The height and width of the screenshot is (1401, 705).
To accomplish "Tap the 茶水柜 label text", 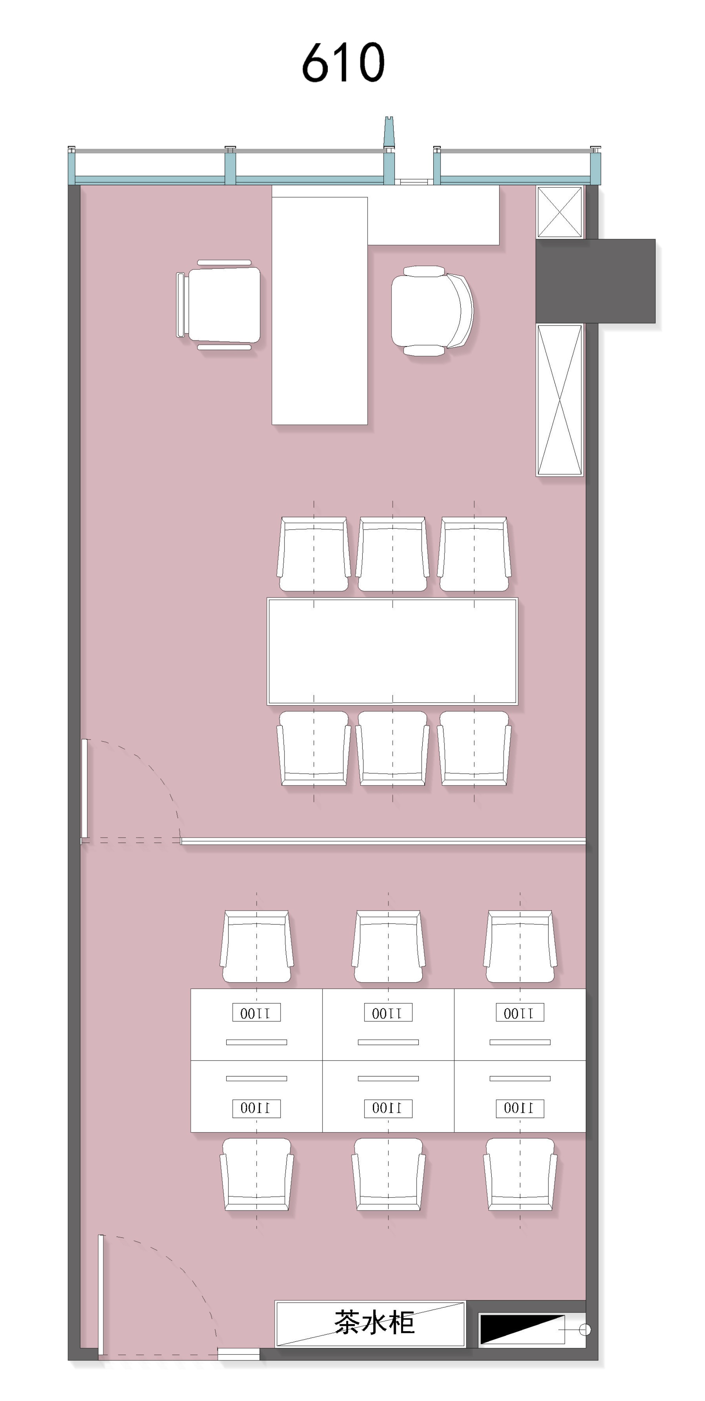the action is pyautogui.click(x=374, y=1323).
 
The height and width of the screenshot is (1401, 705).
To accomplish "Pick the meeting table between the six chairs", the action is pyautogui.click(x=392, y=651).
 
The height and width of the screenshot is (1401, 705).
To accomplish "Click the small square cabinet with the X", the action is pyautogui.click(x=559, y=212).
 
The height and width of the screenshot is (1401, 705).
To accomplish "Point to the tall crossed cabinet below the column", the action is pyautogui.click(x=559, y=400).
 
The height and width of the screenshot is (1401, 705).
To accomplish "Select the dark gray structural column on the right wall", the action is pyautogui.click(x=595, y=280).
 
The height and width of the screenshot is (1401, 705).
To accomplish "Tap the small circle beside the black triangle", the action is pyautogui.click(x=585, y=1330).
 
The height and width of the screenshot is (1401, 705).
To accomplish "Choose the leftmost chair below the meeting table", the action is pyautogui.click(x=314, y=748).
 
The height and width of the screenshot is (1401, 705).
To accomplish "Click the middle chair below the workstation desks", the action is pyautogui.click(x=388, y=1174).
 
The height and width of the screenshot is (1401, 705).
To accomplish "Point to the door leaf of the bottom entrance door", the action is pyautogui.click(x=100, y=1294).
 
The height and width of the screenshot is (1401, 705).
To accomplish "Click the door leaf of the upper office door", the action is pyautogui.click(x=84, y=789).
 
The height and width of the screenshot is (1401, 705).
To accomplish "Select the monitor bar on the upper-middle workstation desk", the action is pyautogui.click(x=388, y=1042).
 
